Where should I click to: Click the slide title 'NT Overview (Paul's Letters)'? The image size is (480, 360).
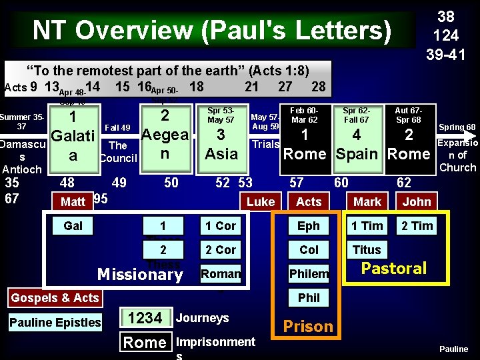[x=213, y=31]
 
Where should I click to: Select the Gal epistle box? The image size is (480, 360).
[x=73, y=226]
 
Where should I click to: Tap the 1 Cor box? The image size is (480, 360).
[x=221, y=226]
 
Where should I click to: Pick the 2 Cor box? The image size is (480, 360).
[x=221, y=250]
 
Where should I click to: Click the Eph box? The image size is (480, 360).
[x=309, y=226]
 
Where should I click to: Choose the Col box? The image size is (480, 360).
[x=309, y=250]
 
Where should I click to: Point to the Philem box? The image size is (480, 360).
[x=309, y=274]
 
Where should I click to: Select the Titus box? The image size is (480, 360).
[x=367, y=250]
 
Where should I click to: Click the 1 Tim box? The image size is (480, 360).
[x=367, y=226]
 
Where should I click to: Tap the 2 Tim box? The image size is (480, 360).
[x=417, y=226]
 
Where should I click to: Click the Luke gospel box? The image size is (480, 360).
[x=261, y=201]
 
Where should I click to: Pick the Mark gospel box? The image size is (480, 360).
[x=367, y=201]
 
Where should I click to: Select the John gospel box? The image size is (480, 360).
[x=417, y=201]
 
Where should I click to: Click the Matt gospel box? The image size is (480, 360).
[x=73, y=201]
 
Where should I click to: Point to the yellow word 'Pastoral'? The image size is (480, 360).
[x=393, y=269]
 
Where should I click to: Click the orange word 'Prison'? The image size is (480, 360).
[x=308, y=326]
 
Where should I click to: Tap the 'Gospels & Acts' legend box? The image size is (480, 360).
[x=55, y=298]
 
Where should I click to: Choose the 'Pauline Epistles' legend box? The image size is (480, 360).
[x=55, y=323]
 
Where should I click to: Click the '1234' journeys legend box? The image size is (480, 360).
[x=145, y=319]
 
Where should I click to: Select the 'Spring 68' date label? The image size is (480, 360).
[x=457, y=127]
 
